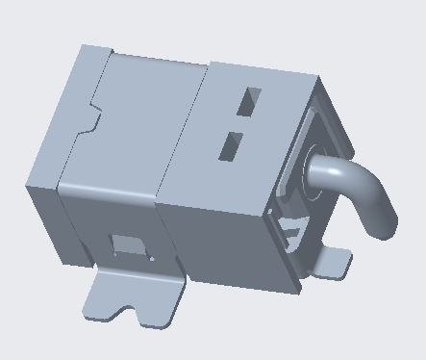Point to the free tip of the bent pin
pos(382,227)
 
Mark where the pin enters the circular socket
pos(317,171)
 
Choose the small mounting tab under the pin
pos(332,261)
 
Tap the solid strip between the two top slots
pos(241,122)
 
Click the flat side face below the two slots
pos(216,231)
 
